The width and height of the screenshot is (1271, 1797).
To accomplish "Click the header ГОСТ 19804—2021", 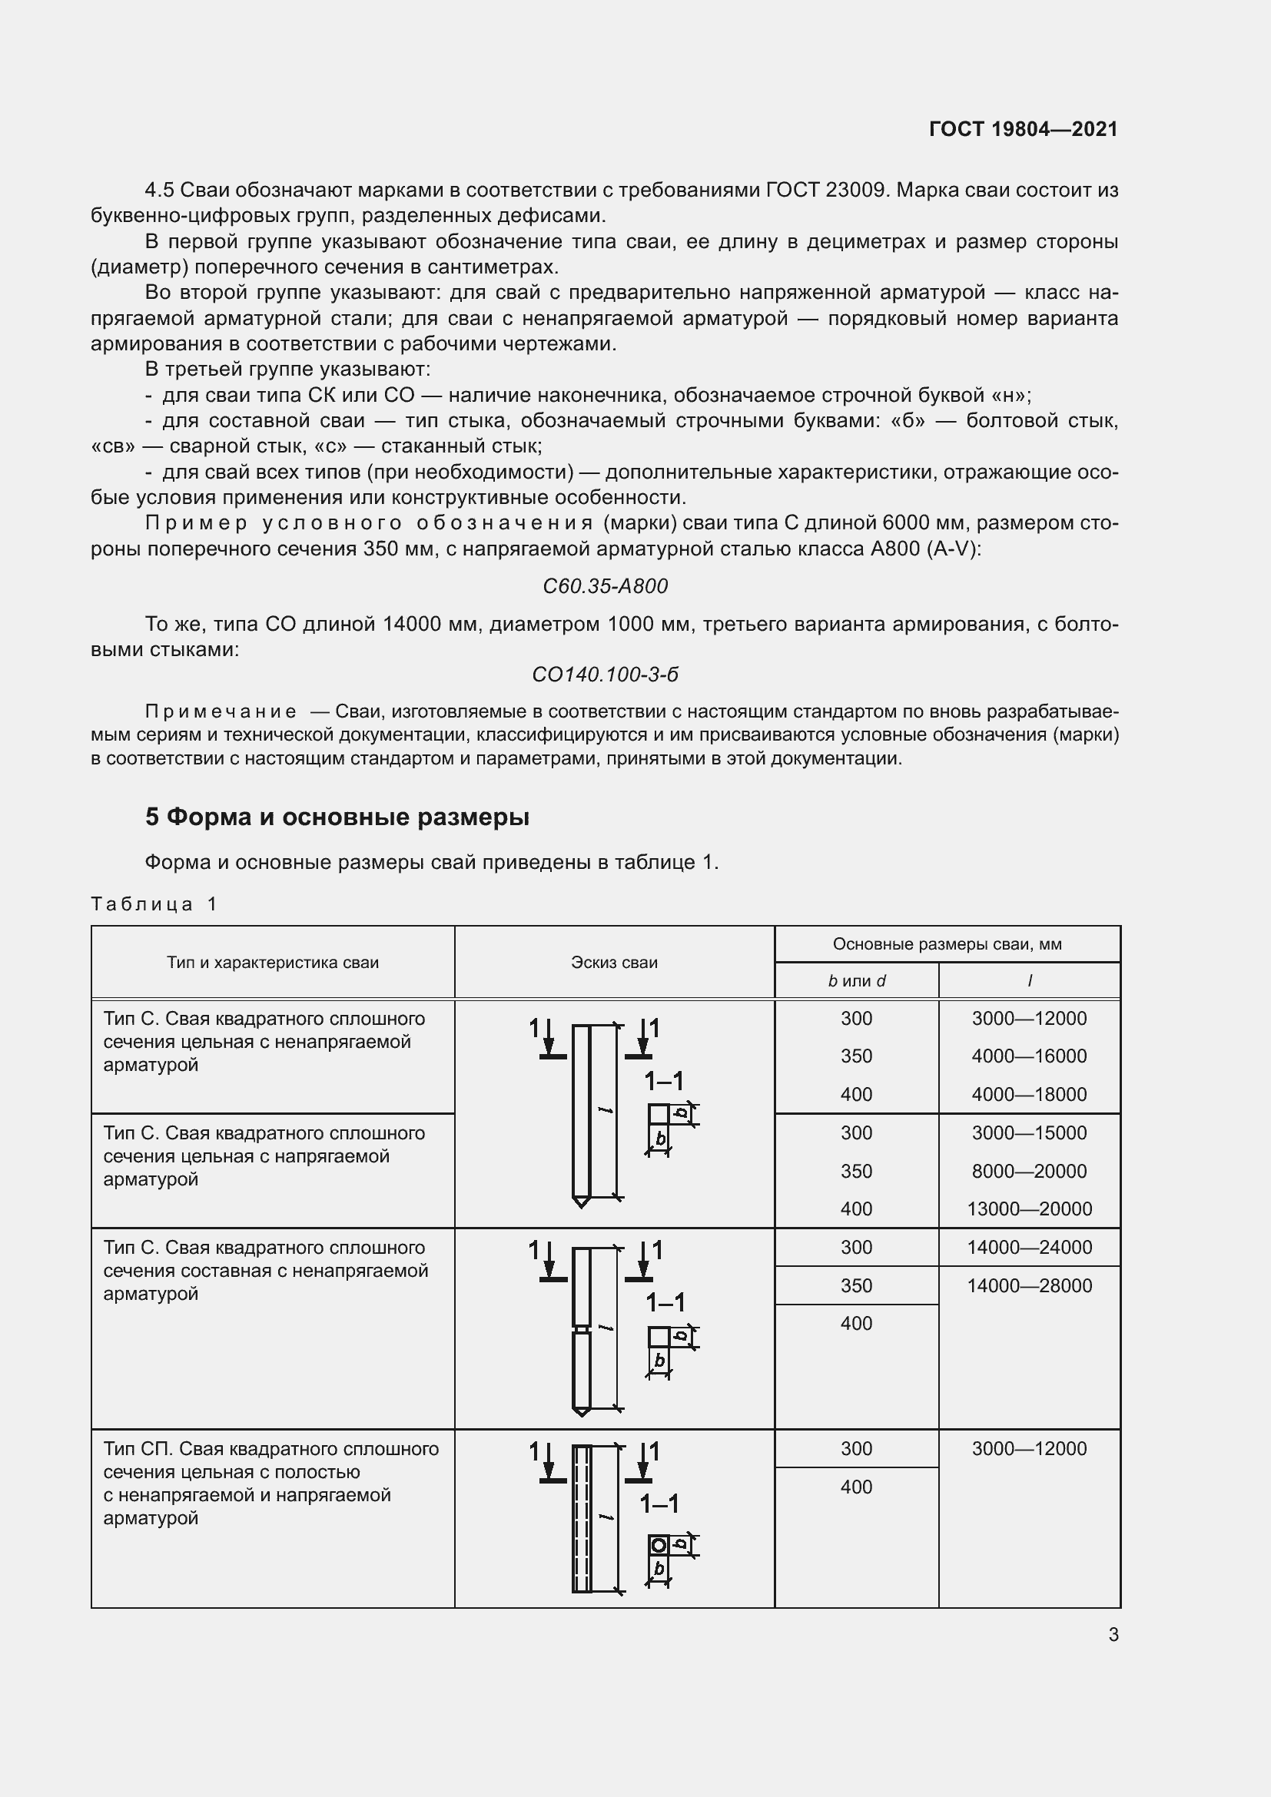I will point(1023,129).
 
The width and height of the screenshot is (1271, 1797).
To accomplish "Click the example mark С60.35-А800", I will point(605,586).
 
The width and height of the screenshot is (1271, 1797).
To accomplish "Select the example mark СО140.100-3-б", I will point(605,675).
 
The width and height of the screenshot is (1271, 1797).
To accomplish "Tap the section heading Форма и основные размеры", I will point(337,817).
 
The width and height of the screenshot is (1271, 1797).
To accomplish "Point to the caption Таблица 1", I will point(154,904).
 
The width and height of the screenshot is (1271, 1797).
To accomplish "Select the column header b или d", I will point(856,981).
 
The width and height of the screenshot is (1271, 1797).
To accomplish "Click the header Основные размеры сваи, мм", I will point(947,944).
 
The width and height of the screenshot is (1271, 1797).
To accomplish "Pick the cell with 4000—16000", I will point(1029,1056).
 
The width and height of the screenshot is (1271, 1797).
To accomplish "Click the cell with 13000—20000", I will point(1029,1208).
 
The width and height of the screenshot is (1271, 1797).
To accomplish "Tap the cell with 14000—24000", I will point(1029,1247).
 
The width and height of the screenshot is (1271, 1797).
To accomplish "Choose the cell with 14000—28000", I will point(1029,1285).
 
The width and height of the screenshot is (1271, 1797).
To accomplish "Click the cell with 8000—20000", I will point(1029,1171).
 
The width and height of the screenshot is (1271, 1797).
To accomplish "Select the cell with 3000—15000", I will point(1029,1132).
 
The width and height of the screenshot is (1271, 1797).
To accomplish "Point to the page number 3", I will point(1113,1634).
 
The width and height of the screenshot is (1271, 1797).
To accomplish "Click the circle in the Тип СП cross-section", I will point(659,1546).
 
